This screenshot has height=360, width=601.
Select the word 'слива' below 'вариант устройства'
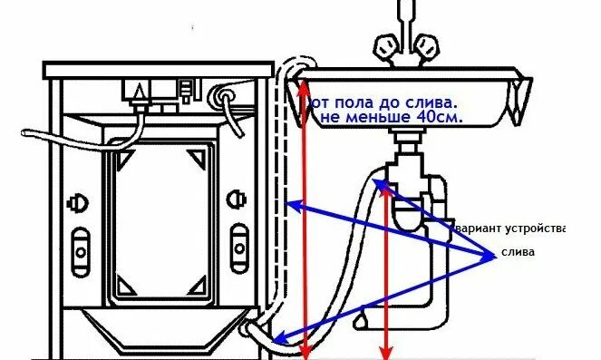click(519, 252)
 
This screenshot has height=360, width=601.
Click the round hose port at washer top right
click(223, 93)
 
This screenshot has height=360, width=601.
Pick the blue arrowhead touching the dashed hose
click(290, 206)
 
